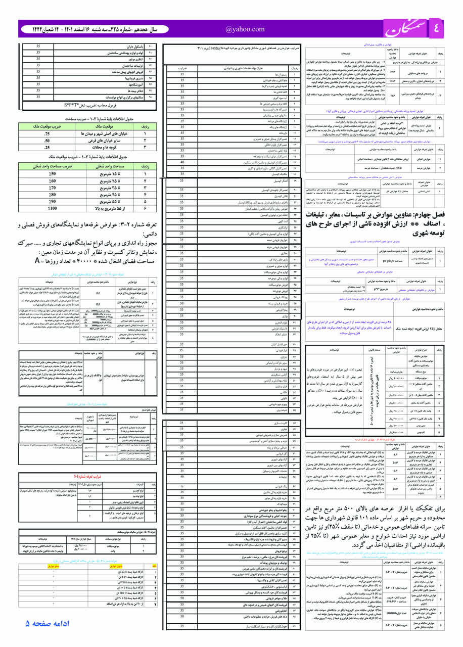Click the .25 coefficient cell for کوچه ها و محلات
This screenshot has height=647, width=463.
(x=47, y=148)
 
